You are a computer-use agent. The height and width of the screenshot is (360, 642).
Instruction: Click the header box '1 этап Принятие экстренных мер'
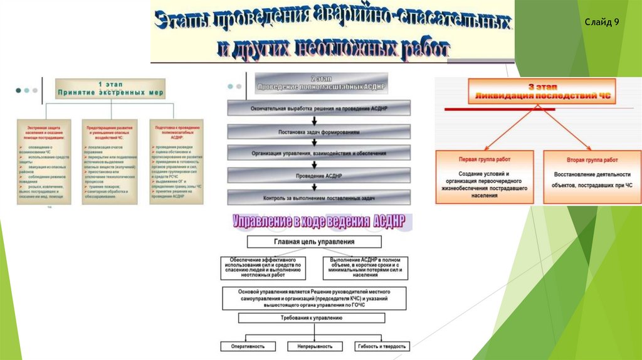pos(110,88)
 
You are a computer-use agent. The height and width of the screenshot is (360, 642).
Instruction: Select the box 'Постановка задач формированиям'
pos(319,132)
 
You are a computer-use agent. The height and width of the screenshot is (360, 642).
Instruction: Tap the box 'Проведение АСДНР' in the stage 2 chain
pos(319,174)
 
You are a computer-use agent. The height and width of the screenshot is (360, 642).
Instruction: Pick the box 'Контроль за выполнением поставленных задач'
pos(319,198)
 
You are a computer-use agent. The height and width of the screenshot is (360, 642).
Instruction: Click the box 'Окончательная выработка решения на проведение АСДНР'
pos(319,108)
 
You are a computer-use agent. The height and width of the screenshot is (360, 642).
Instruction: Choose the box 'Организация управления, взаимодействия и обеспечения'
pos(319,153)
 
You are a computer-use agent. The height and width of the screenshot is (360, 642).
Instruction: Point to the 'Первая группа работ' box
pos(485,177)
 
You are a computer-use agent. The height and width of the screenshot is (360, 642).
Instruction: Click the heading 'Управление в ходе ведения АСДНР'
pos(319,221)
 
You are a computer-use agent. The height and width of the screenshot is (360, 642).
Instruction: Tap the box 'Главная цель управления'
pos(314,241)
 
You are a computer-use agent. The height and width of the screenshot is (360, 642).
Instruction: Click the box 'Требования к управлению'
pos(312,318)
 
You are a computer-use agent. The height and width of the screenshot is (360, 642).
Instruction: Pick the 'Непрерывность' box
pos(315,346)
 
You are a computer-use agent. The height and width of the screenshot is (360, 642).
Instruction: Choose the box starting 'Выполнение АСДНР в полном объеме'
pos(364,267)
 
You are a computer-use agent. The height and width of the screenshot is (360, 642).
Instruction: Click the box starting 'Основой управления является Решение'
pos(314,298)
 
